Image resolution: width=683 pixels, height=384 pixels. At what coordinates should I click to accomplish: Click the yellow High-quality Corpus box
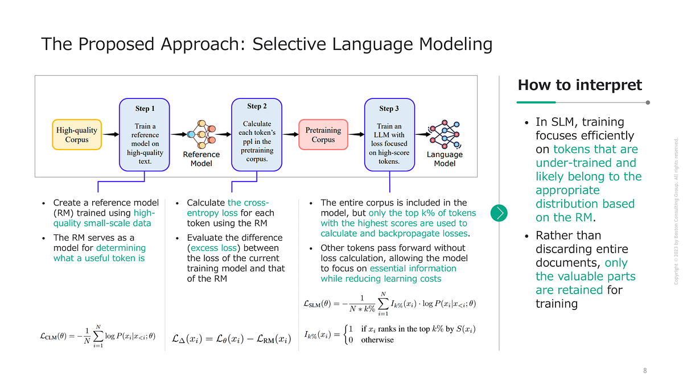[77, 134]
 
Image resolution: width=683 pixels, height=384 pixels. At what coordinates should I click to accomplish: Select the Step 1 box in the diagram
[144, 134]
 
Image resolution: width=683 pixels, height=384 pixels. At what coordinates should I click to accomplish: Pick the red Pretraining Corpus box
[324, 134]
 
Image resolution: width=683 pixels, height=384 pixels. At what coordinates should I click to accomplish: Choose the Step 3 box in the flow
[390, 134]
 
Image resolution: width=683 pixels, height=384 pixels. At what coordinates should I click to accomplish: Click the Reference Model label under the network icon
[201, 159]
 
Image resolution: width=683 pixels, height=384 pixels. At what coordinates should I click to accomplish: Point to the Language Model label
[445, 159]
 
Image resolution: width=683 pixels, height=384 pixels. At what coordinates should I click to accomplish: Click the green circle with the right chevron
[499, 213]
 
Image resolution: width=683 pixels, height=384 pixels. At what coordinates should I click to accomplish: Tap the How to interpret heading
[579, 85]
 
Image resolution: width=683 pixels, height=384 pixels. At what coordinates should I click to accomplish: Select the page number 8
[645, 371]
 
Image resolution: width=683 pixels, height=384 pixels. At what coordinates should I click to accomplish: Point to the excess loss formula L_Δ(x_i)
[231, 339]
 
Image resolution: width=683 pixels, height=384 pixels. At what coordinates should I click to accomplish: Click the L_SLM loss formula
[390, 303]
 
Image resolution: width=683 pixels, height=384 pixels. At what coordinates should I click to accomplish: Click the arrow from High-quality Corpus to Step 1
[110, 134]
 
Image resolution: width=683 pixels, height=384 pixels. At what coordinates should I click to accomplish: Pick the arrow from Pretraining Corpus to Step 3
[356, 134]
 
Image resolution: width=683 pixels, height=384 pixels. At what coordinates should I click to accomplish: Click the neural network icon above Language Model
[445, 134]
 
